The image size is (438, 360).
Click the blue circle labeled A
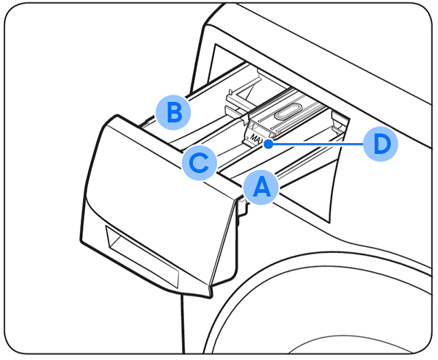(x=262, y=188)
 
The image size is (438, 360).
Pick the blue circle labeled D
(x=381, y=144)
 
